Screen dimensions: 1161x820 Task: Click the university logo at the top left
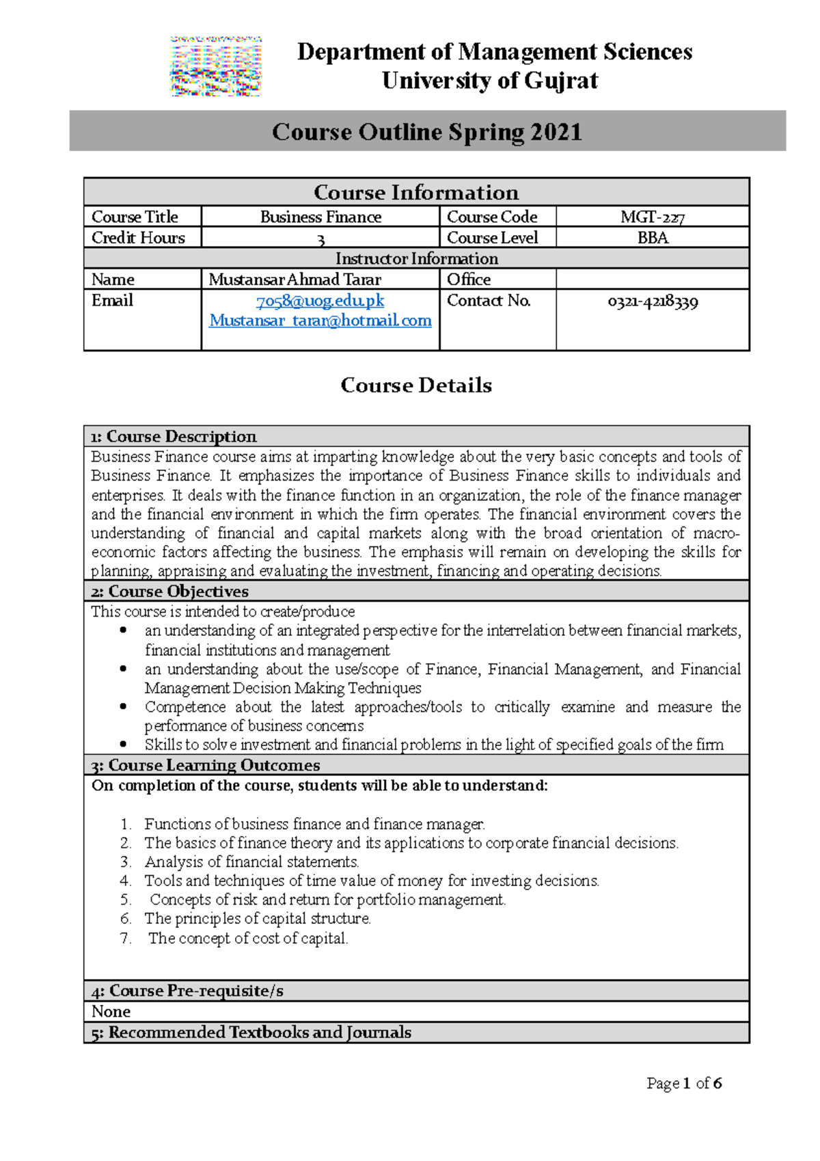pos(216,66)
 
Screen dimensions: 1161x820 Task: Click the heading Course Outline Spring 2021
pos(426,131)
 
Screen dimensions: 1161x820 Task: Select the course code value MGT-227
pos(652,217)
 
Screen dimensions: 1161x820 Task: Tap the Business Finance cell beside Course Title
pos(320,217)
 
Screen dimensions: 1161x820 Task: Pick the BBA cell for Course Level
pos(652,238)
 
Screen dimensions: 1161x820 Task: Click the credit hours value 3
pos(320,239)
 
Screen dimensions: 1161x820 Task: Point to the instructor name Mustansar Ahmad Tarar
pos(295,280)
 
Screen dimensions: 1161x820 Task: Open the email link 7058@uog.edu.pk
pos(320,301)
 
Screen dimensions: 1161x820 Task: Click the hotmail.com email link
pos(320,321)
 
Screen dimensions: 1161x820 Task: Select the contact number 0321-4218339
pos(652,302)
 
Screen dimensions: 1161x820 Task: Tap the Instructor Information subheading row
pos(416,258)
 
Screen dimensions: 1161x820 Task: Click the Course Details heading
pos(416,385)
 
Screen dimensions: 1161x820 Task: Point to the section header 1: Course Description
pos(174,436)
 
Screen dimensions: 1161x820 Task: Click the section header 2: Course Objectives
pos(170,591)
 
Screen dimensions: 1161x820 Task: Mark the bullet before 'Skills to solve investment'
pos(123,744)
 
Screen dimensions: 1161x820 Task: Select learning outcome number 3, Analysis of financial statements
pos(251,862)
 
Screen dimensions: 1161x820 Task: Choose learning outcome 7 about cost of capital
pos(248,939)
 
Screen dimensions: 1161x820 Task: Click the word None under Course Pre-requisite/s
pos(111,1011)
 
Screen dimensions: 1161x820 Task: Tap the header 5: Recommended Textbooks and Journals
pos(251,1032)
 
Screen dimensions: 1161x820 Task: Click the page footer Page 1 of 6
pos(684,1083)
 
